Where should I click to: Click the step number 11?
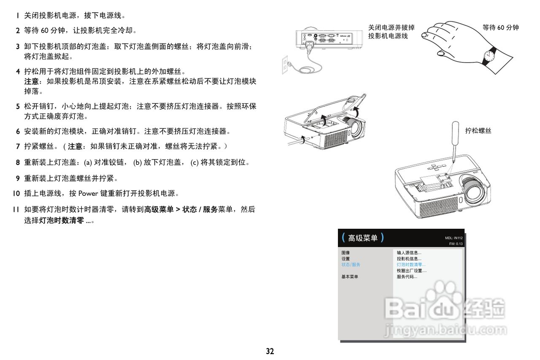pos(16,209)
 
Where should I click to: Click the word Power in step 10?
pos(88,194)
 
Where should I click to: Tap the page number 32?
pos(270,351)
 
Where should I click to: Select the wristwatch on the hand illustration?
pos(490,55)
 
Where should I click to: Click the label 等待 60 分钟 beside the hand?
pos(500,28)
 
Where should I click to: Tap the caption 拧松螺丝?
pos(478,131)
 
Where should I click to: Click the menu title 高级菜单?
pos(363,238)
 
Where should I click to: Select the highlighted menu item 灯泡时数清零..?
pos(411,265)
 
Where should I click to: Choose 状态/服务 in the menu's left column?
pos(351,265)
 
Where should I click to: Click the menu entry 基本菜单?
pos(350,277)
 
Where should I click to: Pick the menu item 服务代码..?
pos(407,277)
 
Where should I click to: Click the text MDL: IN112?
pos(454,238)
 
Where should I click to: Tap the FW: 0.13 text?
pos(456,244)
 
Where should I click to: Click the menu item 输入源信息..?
pos(409,253)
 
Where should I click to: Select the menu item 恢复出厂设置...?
pos(411,271)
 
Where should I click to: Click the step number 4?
pos(18,71)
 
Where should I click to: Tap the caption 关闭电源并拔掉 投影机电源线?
pos(391,32)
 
